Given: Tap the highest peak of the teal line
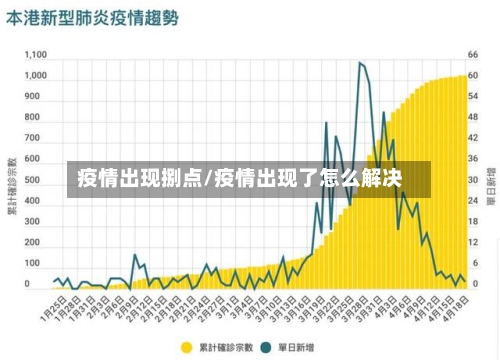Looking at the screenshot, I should (360, 63).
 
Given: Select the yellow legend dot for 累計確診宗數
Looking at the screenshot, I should (186, 347).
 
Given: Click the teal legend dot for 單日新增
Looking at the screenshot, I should (266, 347).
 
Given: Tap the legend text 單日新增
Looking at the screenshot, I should (294, 347).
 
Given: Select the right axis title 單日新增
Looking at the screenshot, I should (490, 186).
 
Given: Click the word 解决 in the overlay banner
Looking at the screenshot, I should (382, 181).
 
